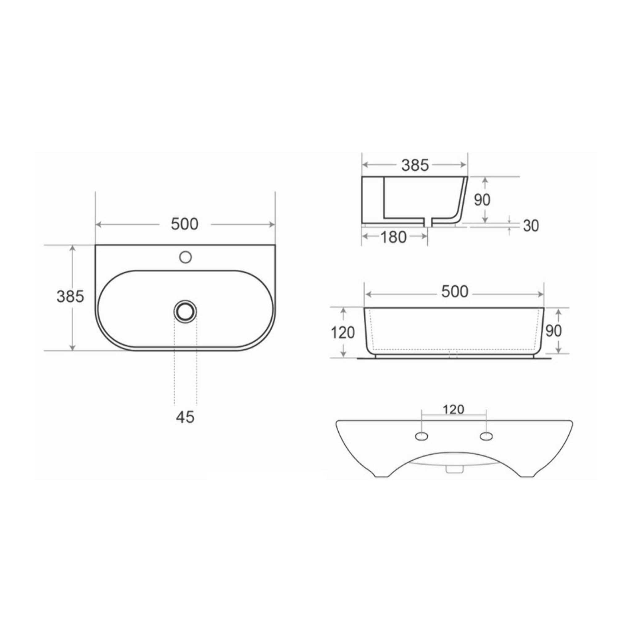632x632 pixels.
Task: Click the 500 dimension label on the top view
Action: click(185, 224)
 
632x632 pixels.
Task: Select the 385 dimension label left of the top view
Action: click(70, 296)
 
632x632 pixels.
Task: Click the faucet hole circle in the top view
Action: click(185, 257)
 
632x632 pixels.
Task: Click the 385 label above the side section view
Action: click(415, 165)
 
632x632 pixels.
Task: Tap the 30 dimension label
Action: click(530, 226)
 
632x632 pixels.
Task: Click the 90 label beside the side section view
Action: click(482, 200)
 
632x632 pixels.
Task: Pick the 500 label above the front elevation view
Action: click(455, 291)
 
